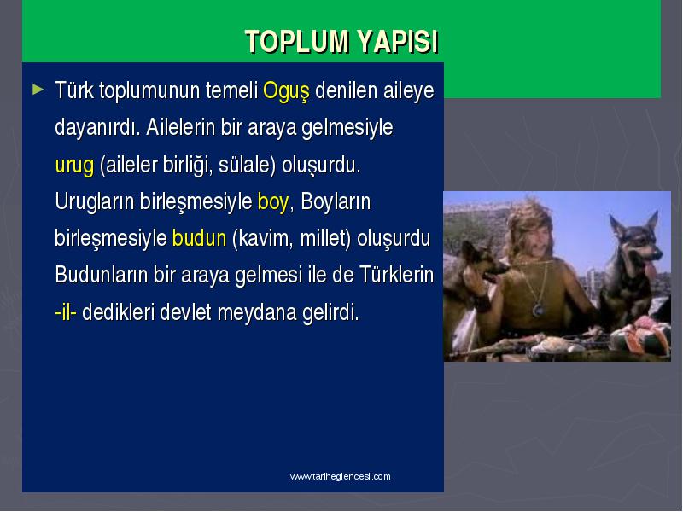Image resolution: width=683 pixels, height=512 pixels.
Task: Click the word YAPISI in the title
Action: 398,41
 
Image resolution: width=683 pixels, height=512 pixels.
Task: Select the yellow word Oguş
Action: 286,91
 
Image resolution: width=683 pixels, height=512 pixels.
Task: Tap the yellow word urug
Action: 74,166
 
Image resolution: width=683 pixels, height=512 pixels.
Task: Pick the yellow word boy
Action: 272,202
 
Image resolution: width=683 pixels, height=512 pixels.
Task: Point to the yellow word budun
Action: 200,239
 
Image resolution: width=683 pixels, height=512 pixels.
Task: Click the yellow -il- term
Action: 66,312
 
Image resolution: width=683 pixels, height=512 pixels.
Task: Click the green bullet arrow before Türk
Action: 38,90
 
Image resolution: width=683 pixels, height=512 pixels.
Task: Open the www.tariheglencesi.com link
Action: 340,476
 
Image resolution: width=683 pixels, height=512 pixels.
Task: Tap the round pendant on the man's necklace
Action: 539,311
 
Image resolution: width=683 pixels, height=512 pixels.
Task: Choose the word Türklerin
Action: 396,275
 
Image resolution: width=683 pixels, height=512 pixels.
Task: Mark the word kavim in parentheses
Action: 265,239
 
